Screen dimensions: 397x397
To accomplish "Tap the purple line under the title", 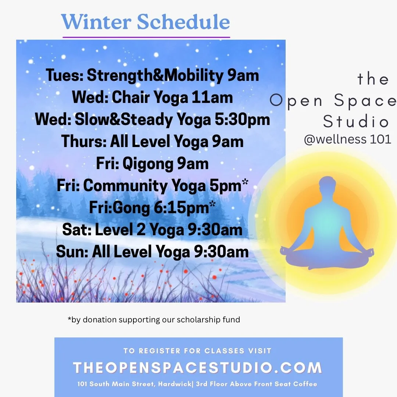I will [146, 37].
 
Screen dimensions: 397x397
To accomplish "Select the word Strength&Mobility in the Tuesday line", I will [155, 76].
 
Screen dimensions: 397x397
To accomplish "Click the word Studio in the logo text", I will [356, 122].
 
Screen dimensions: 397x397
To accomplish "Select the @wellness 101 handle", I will [347, 140].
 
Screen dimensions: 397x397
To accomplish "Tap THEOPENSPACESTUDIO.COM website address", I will [198, 368].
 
